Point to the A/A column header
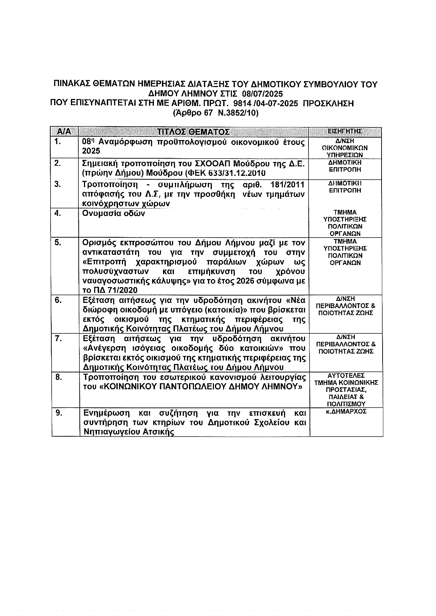click(x=64, y=132)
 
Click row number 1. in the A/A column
click(x=58, y=141)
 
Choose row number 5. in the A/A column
click(x=58, y=243)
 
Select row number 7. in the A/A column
click(x=58, y=338)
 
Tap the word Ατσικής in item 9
click(x=158, y=432)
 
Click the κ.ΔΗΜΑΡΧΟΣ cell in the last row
click(x=346, y=411)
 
